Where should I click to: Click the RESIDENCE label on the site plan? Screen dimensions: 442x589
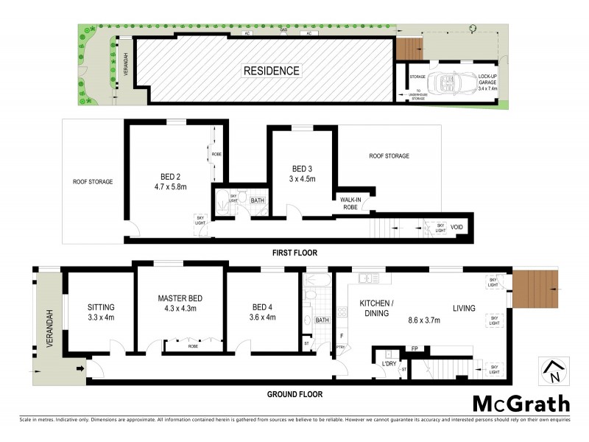pos(272,71)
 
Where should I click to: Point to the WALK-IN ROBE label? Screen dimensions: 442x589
pos(349,203)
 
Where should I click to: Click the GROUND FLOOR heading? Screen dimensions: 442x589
pos(294,394)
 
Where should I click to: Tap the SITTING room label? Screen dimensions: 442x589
pos(101,307)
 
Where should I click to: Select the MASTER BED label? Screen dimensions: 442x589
pos(180,298)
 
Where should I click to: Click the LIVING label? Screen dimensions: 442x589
pos(464,308)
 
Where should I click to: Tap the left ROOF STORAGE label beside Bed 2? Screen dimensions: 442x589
pos(93,181)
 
